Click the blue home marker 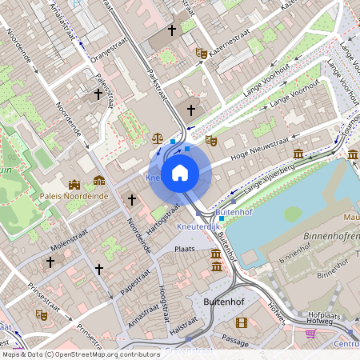(x=179, y=172)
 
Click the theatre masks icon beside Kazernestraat (x=202, y=54)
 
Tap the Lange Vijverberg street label (x=270, y=176)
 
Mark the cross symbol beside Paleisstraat (x=98, y=94)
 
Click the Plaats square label (x=185, y=250)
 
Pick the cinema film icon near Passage (x=242, y=322)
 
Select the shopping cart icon (x=310, y=333)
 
